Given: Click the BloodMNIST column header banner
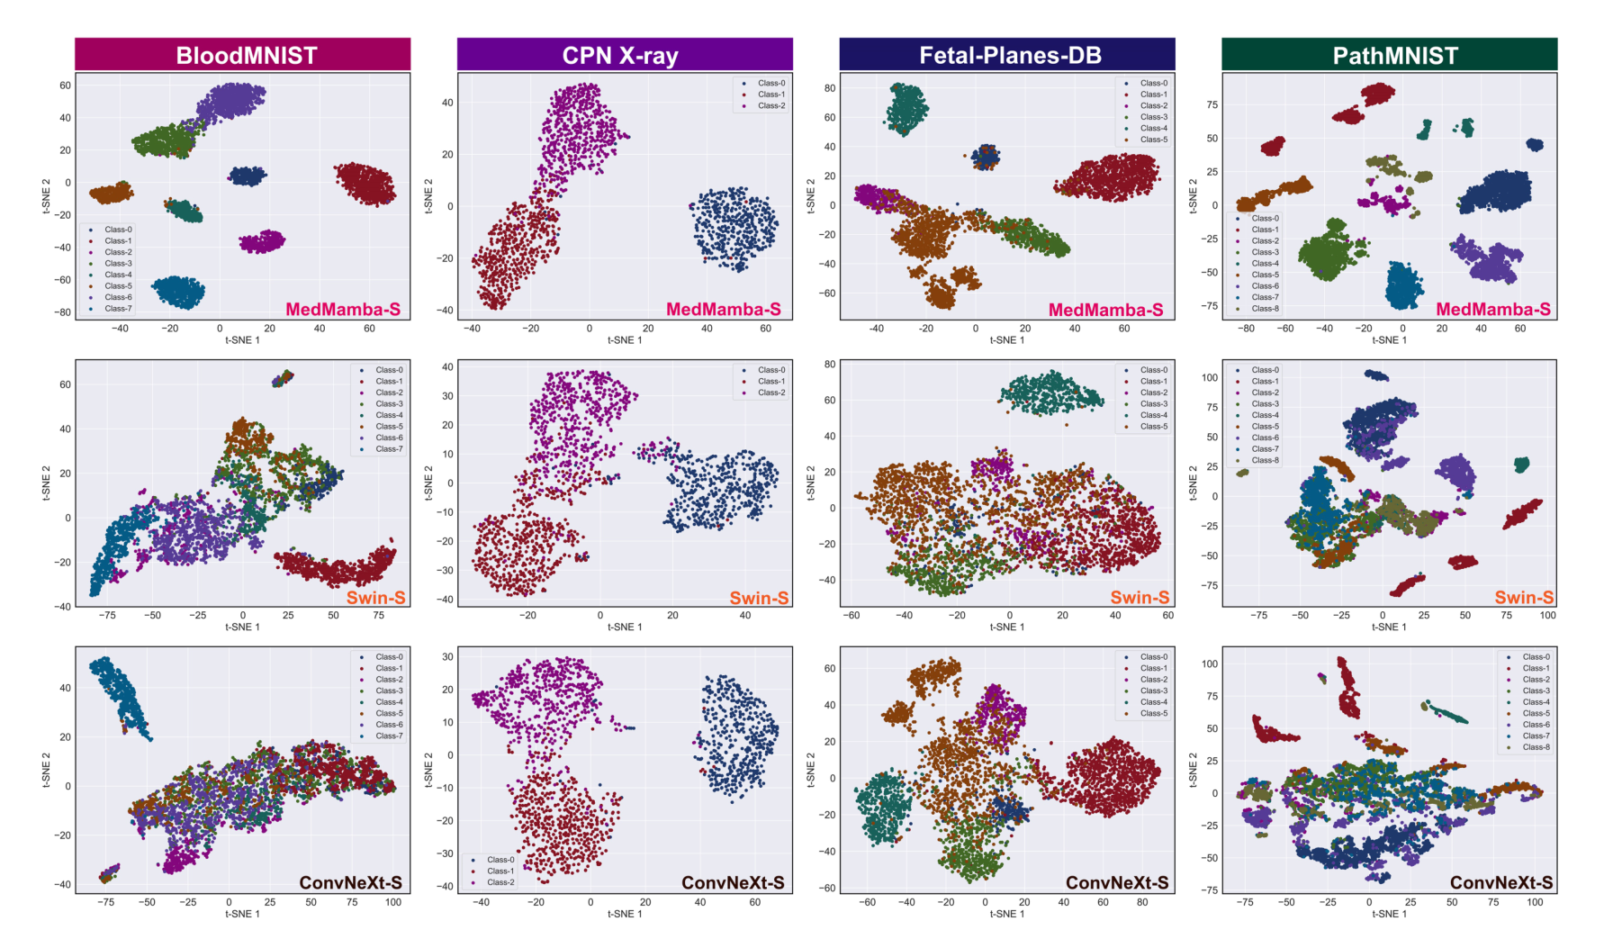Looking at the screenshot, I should pos(243,55).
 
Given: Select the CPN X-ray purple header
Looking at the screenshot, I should pos(625,55).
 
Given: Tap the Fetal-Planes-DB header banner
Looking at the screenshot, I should pos(1007,55).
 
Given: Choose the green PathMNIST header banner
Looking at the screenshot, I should pos(1389,55).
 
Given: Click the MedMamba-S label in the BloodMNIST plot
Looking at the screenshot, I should pos(343,309).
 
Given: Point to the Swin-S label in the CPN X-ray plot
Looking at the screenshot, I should pos(759,598).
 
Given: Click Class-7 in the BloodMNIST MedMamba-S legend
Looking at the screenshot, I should pos(118,309).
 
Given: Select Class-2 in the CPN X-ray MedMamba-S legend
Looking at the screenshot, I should pos(771,106).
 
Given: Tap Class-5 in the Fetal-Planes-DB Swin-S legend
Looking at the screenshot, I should pos(1154,427).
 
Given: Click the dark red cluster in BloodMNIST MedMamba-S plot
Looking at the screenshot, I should pos(365,184).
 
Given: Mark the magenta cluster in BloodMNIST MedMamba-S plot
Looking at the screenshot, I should pos(262,241).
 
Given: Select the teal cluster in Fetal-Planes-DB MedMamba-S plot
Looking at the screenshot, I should pos(906,108).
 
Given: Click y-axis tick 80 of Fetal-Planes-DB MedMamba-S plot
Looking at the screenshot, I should pos(829,88).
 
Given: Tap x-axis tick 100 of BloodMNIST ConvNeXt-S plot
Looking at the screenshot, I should pos(393,902).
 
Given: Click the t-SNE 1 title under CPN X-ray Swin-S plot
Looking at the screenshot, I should pos(625,627).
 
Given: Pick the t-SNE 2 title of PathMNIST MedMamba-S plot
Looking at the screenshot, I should pos(1194,195).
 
